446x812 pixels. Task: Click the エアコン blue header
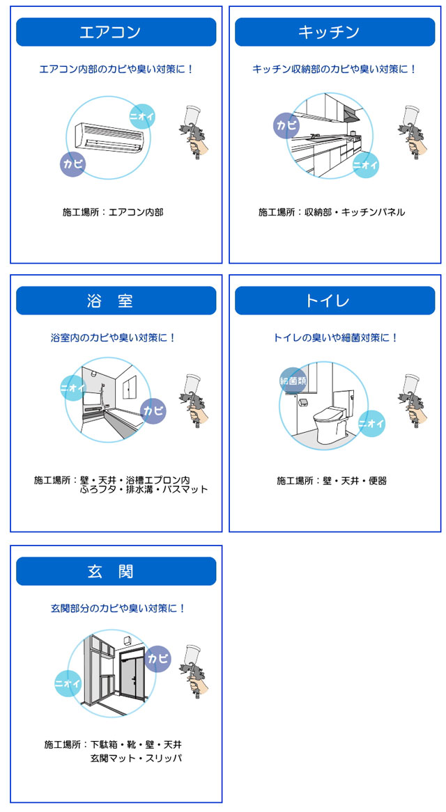click(x=116, y=32)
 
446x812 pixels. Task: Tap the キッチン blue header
click(x=335, y=32)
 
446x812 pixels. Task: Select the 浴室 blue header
click(x=116, y=301)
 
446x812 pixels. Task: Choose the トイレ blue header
click(x=335, y=301)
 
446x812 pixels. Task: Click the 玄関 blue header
click(x=116, y=571)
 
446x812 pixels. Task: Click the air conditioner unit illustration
click(x=109, y=137)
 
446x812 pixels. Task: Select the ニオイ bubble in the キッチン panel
click(x=366, y=166)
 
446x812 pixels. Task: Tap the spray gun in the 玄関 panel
click(x=196, y=671)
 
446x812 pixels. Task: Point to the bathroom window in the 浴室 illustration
click(x=130, y=388)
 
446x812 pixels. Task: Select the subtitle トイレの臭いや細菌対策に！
click(x=335, y=337)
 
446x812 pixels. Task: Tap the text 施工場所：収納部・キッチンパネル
click(x=332, y=212)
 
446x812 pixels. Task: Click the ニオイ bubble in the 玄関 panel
click(x=68, y=683)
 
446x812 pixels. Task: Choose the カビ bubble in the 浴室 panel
click(x=153, y=411)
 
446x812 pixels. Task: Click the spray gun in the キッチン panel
click(x=413, y=132)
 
